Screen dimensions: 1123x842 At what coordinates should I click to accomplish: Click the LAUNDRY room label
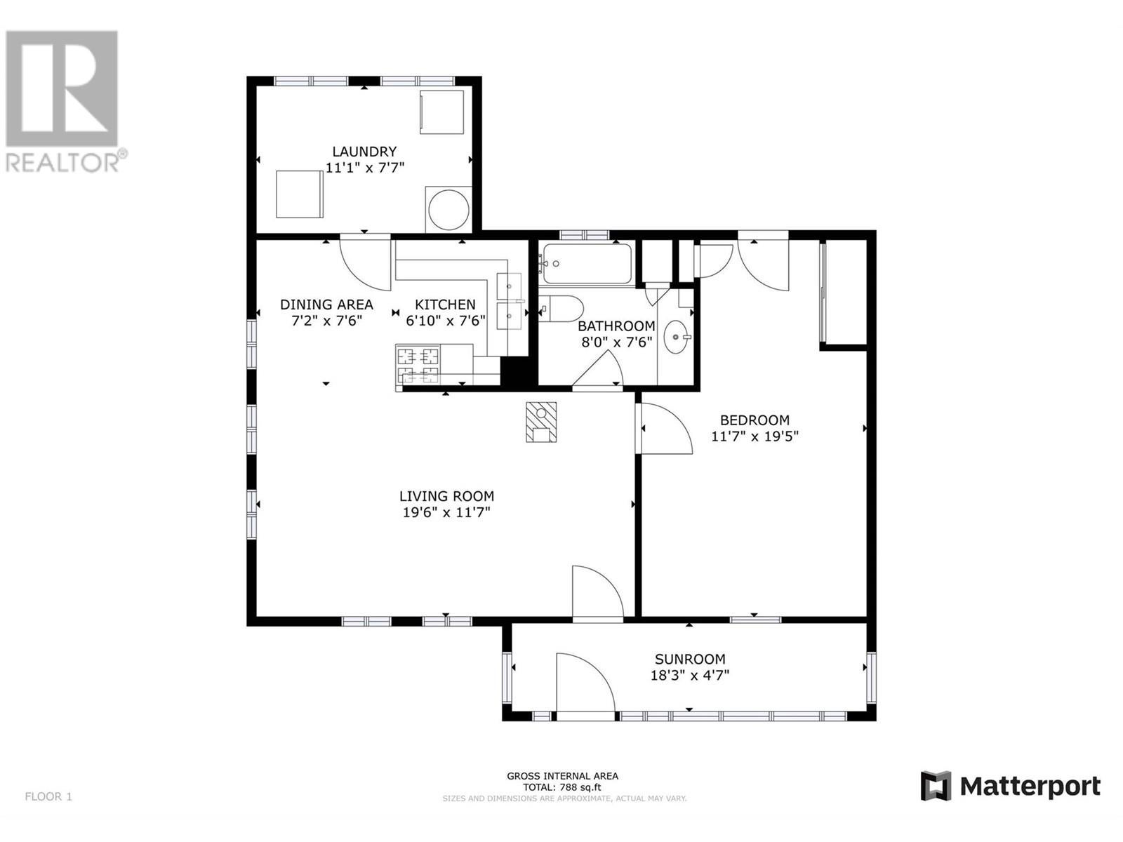pyautogui.click(x=364, y=152)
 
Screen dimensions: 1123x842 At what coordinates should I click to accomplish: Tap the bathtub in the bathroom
pyautogui.click(x=587, y=263)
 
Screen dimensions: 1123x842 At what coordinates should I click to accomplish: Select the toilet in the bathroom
pyautogui.click(x=561, y=309)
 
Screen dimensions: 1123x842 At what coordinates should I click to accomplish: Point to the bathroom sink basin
pyautogui.click(x=676, y=337)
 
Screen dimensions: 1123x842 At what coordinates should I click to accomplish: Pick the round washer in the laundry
pyautogui.click(x=448, y=210)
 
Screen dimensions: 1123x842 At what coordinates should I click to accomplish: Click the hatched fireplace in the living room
pyautogui.click(x=540, y=422)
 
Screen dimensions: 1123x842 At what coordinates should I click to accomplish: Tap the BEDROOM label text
pyautogui.click(x=755, y=420)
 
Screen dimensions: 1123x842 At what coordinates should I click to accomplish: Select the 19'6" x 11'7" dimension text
pyautogui.click(x=446, y=512)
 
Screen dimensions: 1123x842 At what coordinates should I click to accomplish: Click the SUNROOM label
pyautogui.click(x=690, y=659)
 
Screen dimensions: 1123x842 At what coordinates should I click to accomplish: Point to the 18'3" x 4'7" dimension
pyautogui.click(x=690, y=675)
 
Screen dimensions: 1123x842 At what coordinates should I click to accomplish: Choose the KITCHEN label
pyautogui.click(x=445, y=305)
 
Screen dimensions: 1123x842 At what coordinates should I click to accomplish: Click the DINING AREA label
pyautogui.click(x=326, y=305)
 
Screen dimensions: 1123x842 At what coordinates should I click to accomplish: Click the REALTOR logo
pyautogui.click(x=63, y=101)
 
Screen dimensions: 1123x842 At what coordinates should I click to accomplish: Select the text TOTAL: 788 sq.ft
pyautogui.click(x=561, y=801)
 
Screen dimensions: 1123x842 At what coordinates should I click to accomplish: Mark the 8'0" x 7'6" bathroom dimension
pyautogui.click(x=617, y=342)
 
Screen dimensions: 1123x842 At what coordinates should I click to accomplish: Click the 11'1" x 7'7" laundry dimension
pyautogui.click(x=365, y=168)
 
